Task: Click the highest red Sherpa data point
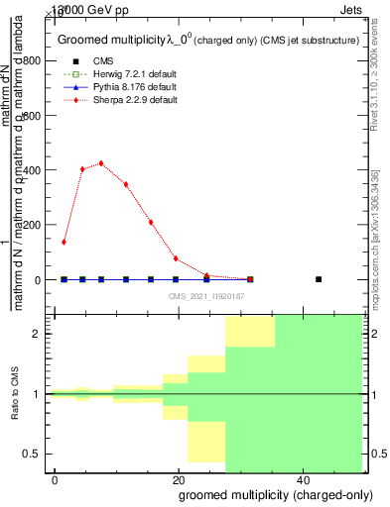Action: point(101,163)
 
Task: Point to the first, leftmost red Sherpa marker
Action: point(65,242)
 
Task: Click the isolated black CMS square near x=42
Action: point(319,279)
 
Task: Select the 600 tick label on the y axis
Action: point(34,115)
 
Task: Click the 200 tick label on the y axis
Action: point(34,225)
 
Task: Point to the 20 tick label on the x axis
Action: point(179,480)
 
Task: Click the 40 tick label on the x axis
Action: point(302,480)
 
